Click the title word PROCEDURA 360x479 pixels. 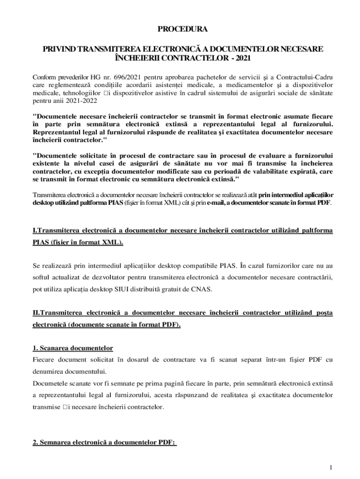(182, 29)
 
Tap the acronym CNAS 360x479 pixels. (202, 289)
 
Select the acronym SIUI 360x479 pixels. (122, 289)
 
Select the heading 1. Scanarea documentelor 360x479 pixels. (73, 348)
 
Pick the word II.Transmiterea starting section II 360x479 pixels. (58, 312)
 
